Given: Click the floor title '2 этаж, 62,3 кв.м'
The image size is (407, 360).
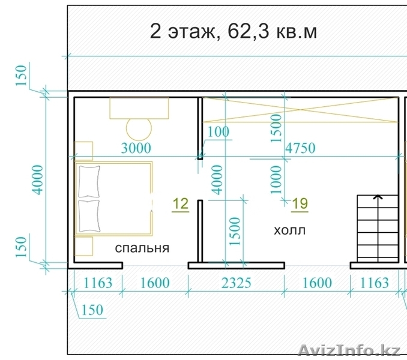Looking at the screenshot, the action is coord(234,32).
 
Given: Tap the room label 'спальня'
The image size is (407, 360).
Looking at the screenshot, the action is coord(142,248).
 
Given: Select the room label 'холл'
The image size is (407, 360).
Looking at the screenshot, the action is coord(290,230).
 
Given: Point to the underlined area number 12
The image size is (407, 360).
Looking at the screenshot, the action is coord(181,204).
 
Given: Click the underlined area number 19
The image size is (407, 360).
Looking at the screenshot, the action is coord(300,204).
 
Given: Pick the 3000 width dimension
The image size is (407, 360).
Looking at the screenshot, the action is coord(136,148).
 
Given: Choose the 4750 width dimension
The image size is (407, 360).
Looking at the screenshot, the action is coord(300,148).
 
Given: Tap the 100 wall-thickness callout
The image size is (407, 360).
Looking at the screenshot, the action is coord(219,132).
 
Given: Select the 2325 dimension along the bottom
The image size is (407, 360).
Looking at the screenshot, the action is coord(237,283).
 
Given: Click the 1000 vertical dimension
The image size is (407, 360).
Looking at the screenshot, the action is coord(276,180).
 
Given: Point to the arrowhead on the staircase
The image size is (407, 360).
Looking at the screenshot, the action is coord(378,197).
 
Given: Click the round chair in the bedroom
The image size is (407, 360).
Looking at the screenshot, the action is coord(139,129).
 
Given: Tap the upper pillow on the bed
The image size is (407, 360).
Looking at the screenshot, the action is coord(89,181).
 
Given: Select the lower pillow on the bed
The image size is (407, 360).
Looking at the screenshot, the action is coord(89,216).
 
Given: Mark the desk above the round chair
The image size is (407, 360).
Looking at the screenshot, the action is coord(139,108).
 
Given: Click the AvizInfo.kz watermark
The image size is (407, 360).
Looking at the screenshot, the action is coord(349,350).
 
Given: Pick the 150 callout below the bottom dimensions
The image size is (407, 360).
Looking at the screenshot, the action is coord(92,310).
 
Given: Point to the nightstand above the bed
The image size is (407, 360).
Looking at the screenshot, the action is coord(83,151).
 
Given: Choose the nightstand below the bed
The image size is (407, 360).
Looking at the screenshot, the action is coord(83,246).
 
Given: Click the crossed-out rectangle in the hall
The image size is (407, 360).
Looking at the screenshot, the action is coord(300,110).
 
